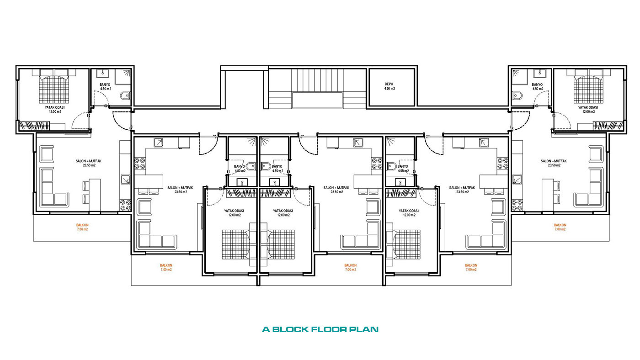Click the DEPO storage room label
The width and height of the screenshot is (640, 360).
click(389, 84)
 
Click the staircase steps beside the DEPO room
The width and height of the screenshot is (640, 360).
click(317, 80)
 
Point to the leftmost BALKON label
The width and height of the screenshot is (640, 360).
click(82, 225)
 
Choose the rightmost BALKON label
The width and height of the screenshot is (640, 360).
click(560, 225)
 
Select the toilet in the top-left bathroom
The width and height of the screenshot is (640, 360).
click(125, 95)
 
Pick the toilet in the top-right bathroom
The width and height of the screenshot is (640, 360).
click(517, 95)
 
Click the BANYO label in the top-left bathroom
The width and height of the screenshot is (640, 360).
click(105, 85)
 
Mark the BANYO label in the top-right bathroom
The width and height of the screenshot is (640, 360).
click(537, 85)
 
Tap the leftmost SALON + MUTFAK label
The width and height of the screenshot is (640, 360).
click(89, 161)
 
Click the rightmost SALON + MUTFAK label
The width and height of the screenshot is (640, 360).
click(554, 161)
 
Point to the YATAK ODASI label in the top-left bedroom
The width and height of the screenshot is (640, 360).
click(54, 107)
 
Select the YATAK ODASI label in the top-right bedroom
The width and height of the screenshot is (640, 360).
click(588, 107)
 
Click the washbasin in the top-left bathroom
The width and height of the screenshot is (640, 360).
click(102, 73)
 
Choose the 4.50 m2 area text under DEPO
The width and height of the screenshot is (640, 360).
click(389, 89)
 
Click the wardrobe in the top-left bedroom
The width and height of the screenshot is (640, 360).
click(34, 126)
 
